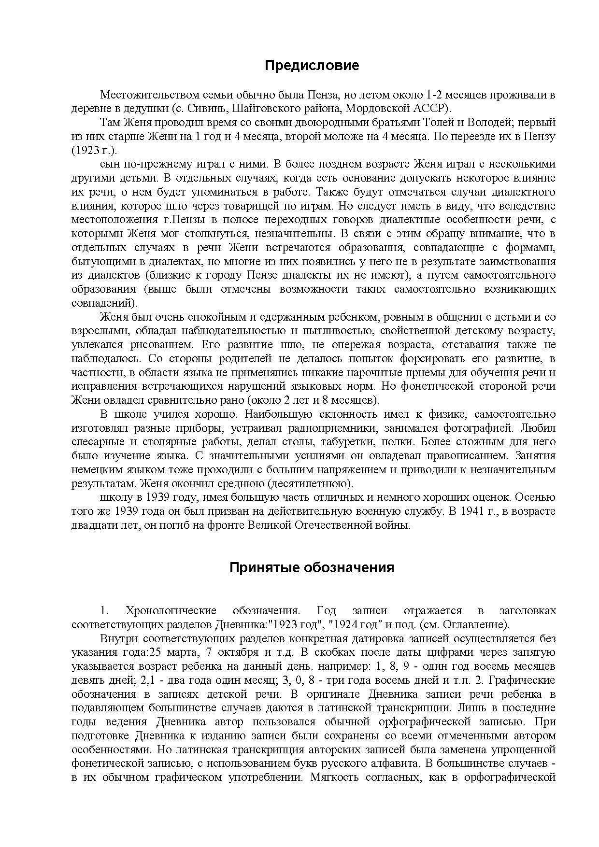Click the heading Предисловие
pos(312,65)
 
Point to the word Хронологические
pos(170,611)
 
